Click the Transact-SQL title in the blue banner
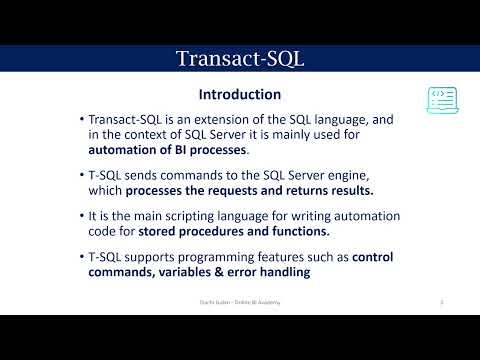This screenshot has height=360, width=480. tap(240, 58)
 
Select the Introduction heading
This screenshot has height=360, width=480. tap(240, 95)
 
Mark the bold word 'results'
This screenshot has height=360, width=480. tap(346, 191)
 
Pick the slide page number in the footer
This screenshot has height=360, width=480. tap(441, 301)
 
